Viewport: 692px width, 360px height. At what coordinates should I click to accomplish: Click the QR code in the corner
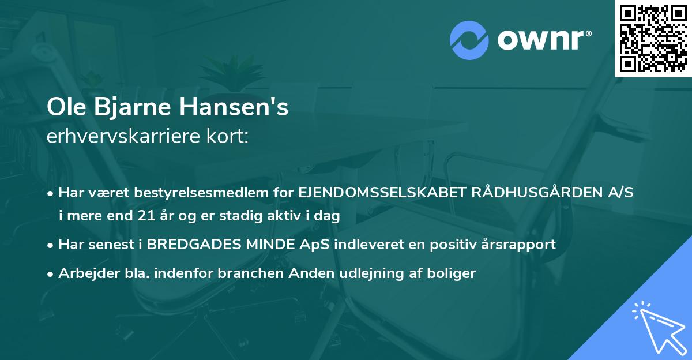[x=653, y=38]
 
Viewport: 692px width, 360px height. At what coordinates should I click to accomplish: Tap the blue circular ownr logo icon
[x=469, y=40]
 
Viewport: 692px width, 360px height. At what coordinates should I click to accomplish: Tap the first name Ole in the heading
[x=63, y=108]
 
